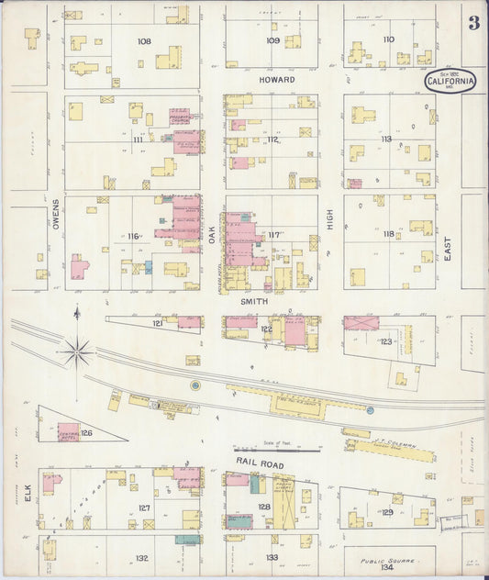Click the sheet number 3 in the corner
pyautogui.click(x=473, y=23)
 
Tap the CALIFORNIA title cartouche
pyautogui.click(x=450, y=81)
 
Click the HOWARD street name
pyautogui.click(x=277, y=80)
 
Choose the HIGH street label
pyautogui.click(x=330, y=218)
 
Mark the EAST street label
pyautogui.click(x=448, y=246)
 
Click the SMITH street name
pyautogui.click(x=254, y=300)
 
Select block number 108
pyautogui.click(x=143, y=41)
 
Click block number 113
pyautogui.click(x=387, y=139)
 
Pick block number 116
pyautogui.click(x=133, y=236)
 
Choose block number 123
pyautogui.click(x=385, y=341)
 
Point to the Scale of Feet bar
pyautogui.click(x=289, y=450)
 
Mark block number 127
pyautogui.click(x=144, y=507)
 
